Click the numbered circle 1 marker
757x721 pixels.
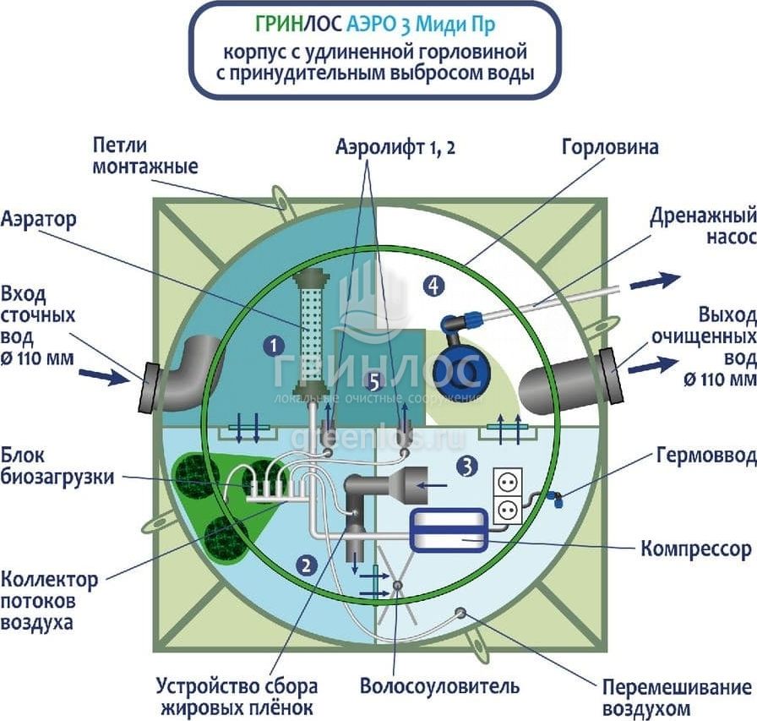coord(272,345)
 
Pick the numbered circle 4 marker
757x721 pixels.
coord(433,286)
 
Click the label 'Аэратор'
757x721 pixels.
coord(39,220)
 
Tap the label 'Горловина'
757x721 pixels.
coord(610,147)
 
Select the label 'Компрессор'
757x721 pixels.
coord(695,549)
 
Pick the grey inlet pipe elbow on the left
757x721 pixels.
coord(190,372)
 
